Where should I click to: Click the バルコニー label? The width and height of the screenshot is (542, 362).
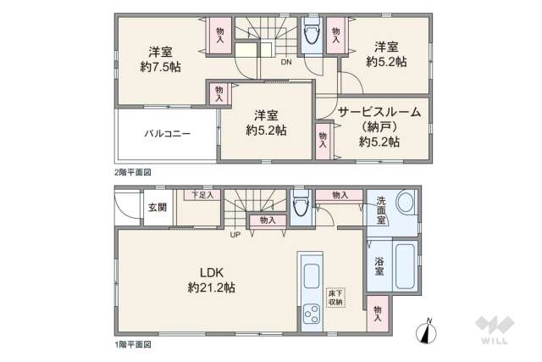[166, 134]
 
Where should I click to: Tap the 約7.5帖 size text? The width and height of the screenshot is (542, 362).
[160, 64]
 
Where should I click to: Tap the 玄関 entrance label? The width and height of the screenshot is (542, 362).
[158, 207]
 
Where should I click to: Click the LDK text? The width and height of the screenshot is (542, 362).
[211, 272]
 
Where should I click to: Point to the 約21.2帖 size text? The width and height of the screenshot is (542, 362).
[211, 288]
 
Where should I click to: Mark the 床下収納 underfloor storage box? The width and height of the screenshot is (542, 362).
[335, 297]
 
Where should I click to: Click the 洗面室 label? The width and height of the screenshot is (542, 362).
[382, 209]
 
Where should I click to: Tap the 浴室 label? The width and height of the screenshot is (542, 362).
[380, 266]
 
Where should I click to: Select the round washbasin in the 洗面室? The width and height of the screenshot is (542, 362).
[405, 203]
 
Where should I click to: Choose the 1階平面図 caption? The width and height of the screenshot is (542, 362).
[133, 344]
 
